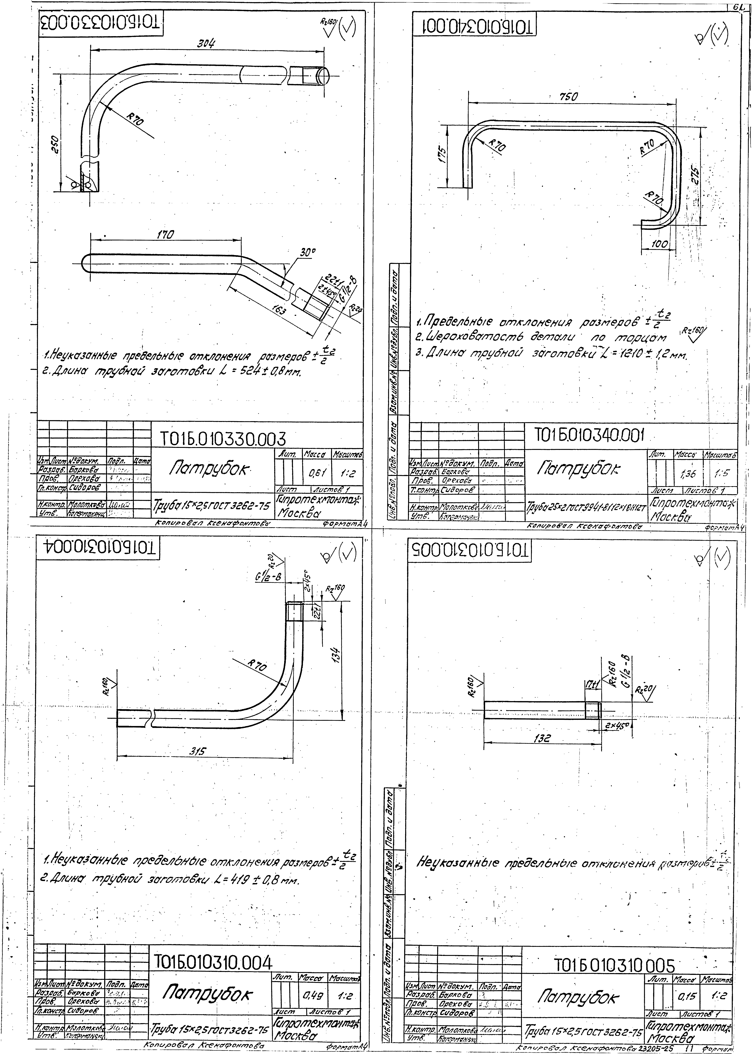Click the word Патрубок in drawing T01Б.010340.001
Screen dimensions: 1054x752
tap(578, 469)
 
